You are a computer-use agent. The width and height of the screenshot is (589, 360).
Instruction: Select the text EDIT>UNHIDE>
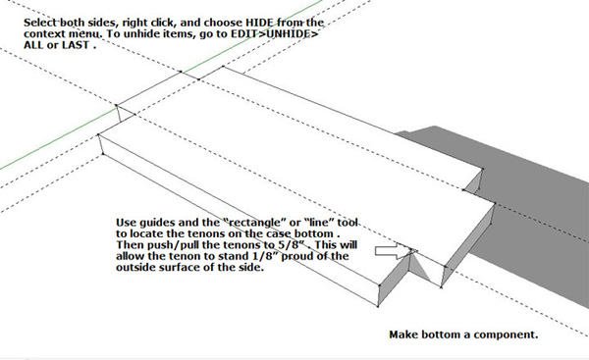click(x=275, y=33)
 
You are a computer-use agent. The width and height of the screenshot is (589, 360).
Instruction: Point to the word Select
click(x=40, y=23)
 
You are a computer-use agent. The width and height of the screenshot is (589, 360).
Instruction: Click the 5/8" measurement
click(x=296, y=245)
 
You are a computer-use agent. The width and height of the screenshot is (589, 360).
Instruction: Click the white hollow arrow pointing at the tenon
click(x=391, y=251)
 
